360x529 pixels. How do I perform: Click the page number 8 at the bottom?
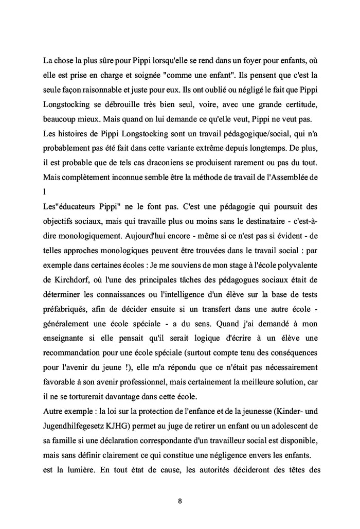coord(180,500)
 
